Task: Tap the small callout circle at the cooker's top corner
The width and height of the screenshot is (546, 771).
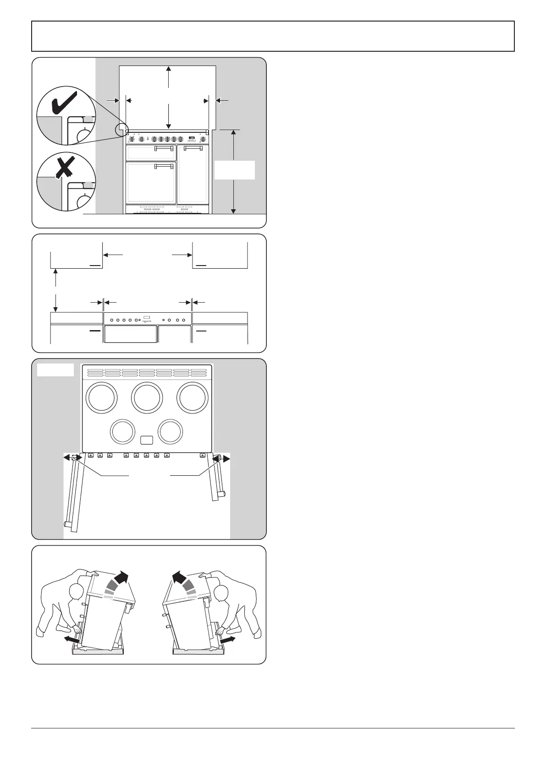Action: click(x=122, y=130)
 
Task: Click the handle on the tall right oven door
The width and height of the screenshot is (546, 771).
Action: click(x=193, y=148)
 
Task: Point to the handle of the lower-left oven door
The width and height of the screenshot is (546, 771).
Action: click(x=164, y=165)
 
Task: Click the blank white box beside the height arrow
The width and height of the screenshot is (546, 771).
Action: click(x=234, y=170)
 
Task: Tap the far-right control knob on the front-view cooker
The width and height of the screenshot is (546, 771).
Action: click(x=202, y=139)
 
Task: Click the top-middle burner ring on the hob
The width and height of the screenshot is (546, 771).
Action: click(x=147, y=397)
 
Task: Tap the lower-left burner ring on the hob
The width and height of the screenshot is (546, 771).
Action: click(x=122, y=432)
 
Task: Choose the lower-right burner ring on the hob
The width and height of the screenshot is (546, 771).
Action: click(x=170, y=432)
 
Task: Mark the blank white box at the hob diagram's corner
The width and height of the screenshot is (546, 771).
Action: click(x=55, y=370)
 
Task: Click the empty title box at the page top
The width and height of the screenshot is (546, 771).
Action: click(x=273, y=36)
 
